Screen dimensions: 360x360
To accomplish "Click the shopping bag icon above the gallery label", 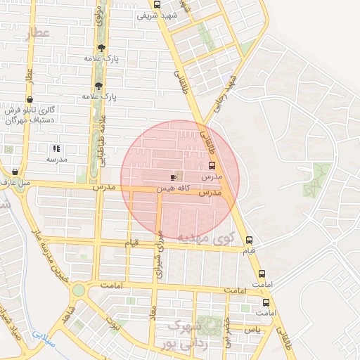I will pos(30,100).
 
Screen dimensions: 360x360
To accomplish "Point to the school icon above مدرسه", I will pos(56,148).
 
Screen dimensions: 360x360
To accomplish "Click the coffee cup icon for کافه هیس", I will pos(174,178).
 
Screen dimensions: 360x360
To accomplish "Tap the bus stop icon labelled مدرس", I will pos(212,166).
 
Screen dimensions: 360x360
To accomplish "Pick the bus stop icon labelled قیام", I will pos(249,240).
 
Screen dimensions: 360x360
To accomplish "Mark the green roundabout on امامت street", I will pos(78,290).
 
